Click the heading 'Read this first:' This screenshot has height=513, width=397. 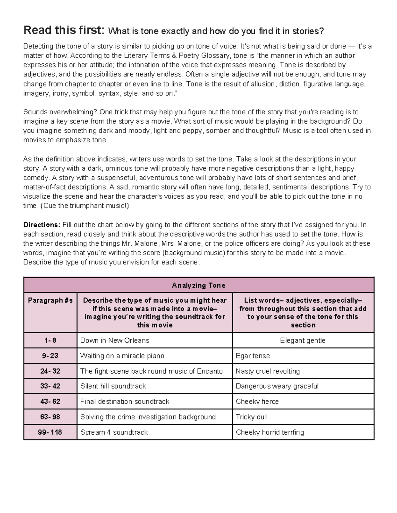pos(64,31)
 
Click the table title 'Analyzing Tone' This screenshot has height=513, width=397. pos(198,285)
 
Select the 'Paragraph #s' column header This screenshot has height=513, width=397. pos(50,300)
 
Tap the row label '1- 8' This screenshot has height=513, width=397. pos(50,340)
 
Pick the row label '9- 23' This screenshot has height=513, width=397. pos(50,356)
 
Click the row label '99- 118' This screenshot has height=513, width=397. pos(50,432)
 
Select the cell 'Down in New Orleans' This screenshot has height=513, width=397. pos(114,340)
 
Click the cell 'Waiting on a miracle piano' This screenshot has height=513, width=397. pos(122,356)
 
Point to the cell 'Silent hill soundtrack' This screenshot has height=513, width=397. pos(113,386)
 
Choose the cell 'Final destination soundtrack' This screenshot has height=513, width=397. pos(124,401)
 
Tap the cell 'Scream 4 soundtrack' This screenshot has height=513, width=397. pos(114,432)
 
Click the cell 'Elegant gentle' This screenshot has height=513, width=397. pos(303,340)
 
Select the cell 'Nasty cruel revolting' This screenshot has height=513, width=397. pos(268,371)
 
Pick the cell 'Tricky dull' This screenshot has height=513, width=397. pos(251,417)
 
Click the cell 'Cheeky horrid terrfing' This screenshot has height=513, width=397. pos(270,432)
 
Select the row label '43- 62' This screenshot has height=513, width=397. pos(50,401)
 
